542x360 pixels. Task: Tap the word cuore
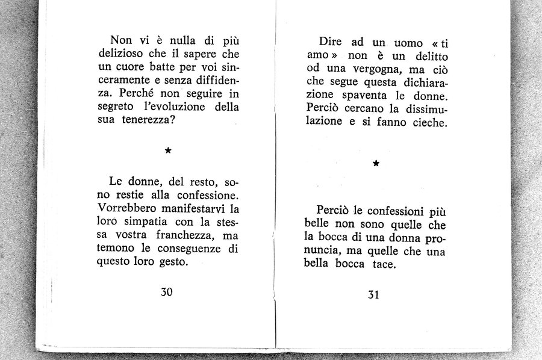pyautogui.click(x=131, y=67)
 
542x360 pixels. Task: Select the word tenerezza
pyautogui.click(x=148, y=121)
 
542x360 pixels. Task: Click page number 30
pyautogui.click(x=167, y=292)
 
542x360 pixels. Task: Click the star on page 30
pyautogui.click(x=168, y=151)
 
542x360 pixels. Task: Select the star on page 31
pyautogui.click(x=376, y=163)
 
